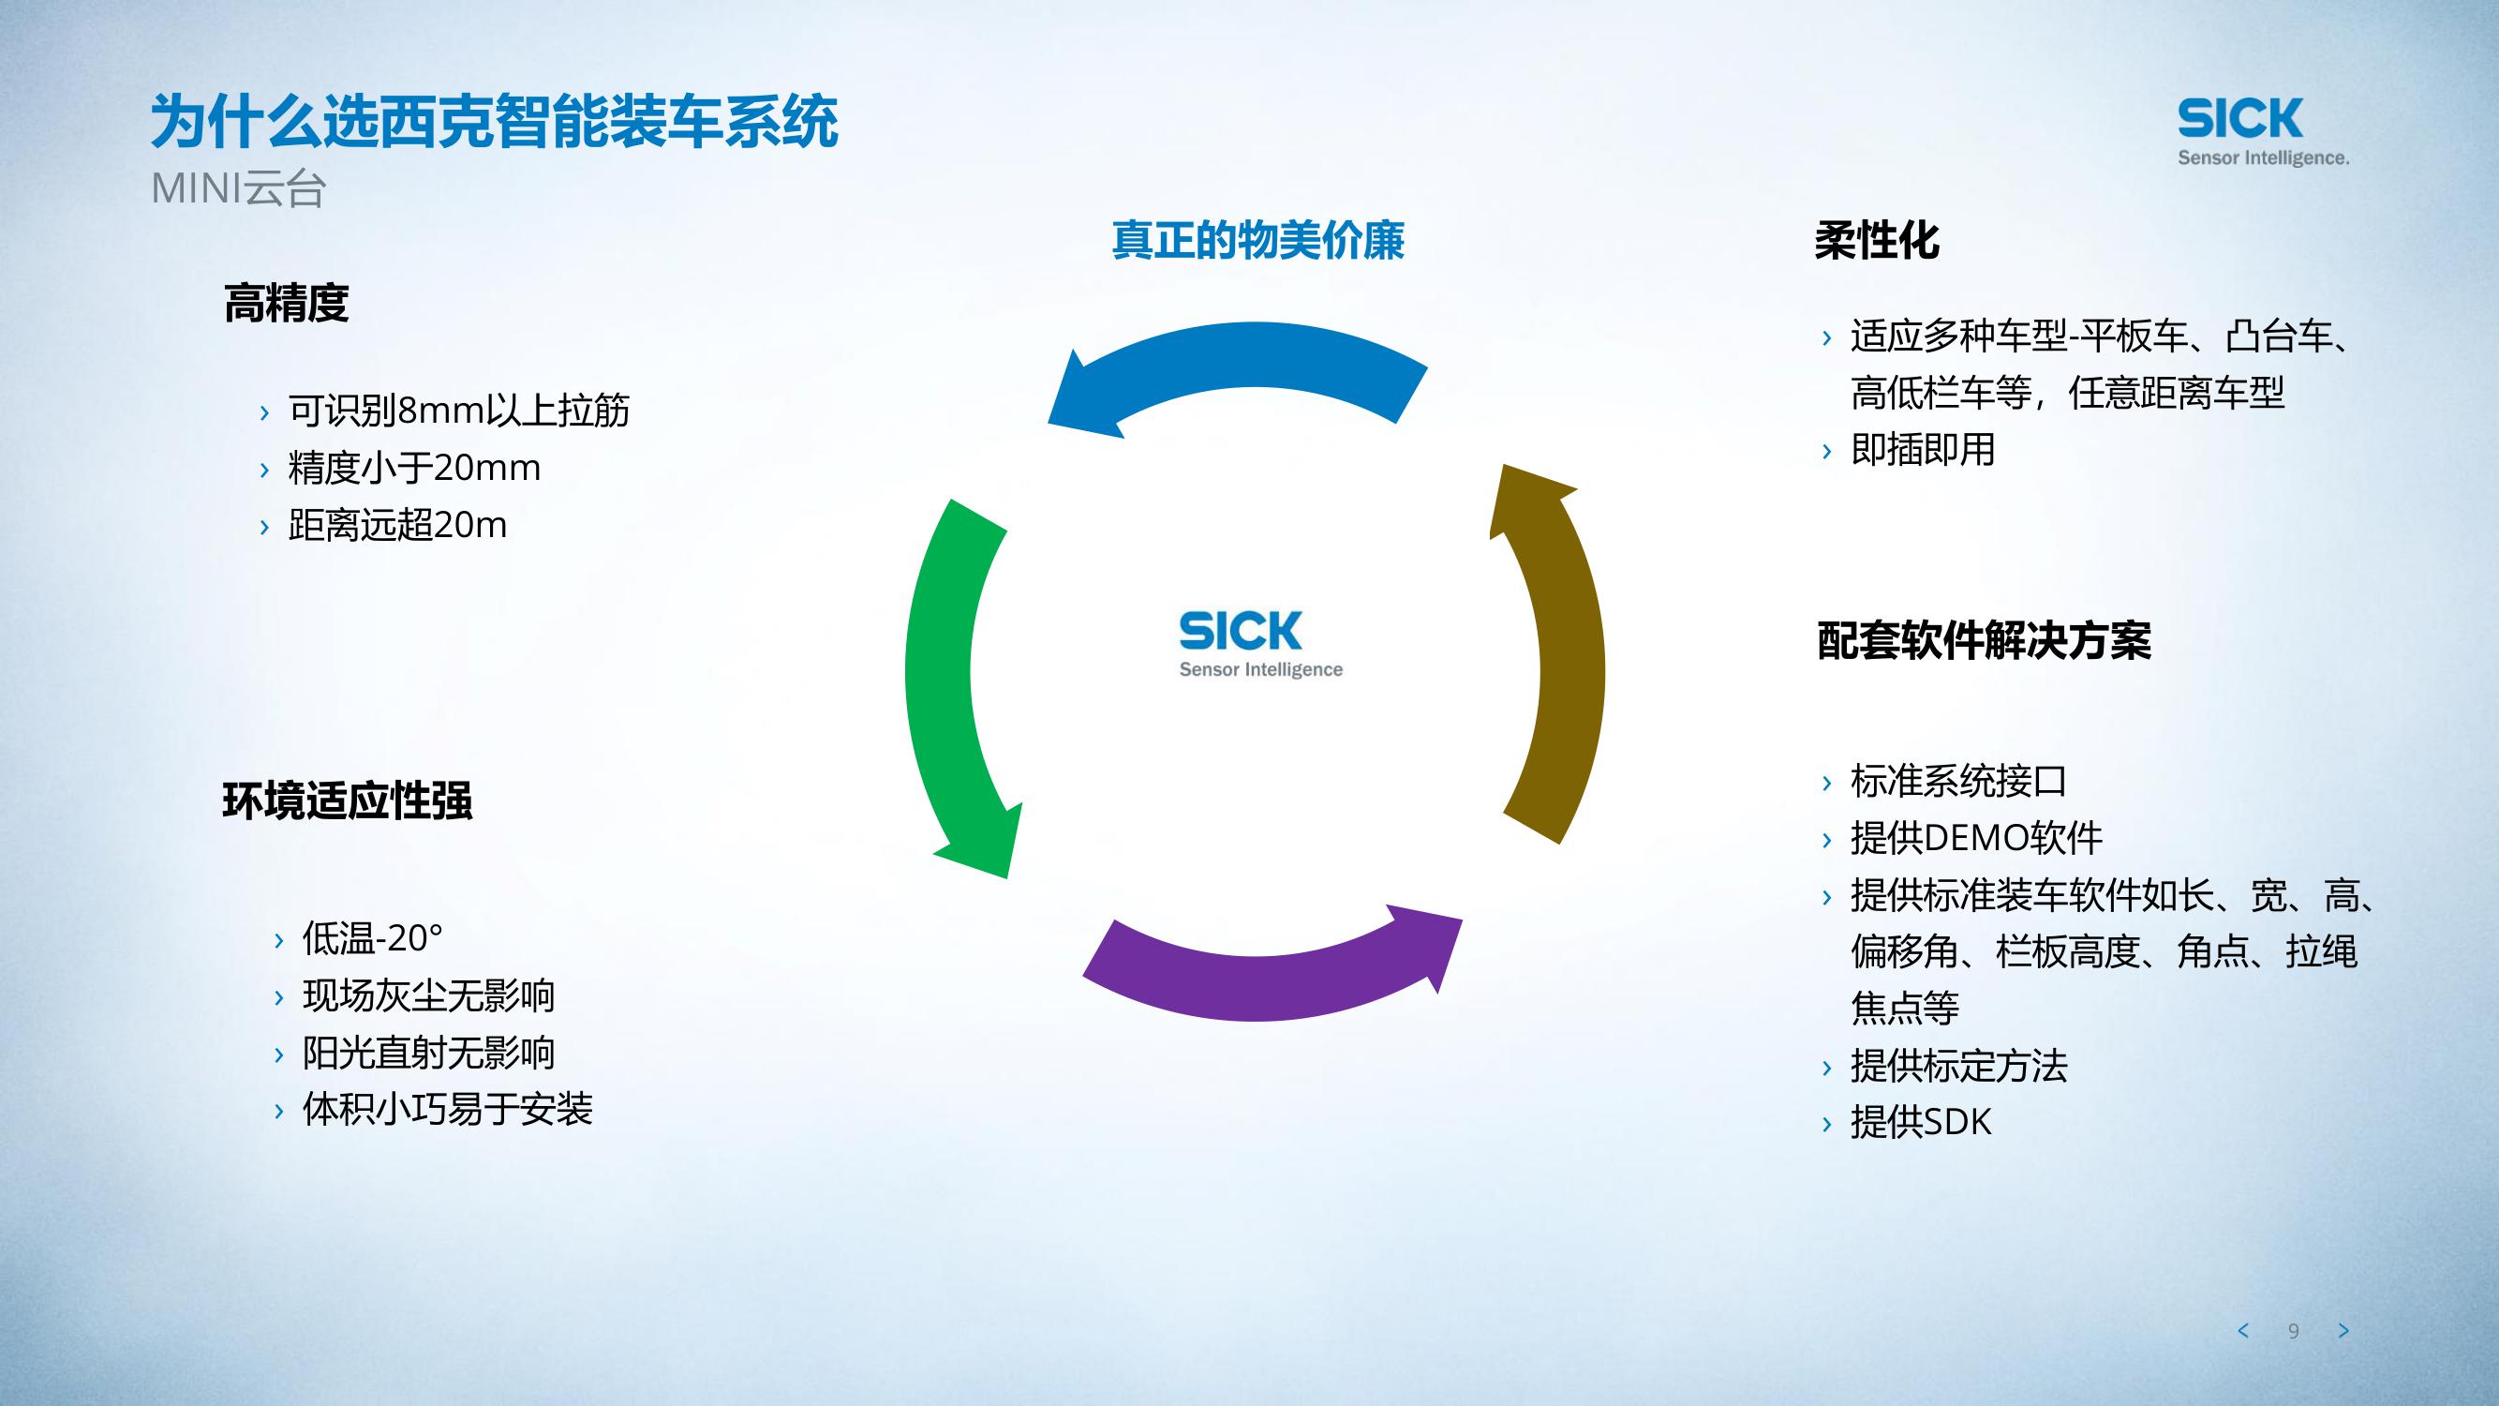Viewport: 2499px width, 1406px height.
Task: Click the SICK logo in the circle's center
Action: coord(1259,642)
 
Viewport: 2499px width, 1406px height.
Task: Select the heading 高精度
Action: coord(286,303)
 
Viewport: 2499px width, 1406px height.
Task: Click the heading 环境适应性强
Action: coord(348,800)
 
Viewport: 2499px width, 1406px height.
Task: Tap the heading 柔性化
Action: coord(1876,241)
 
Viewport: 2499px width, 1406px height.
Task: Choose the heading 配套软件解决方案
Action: coord(1984,640)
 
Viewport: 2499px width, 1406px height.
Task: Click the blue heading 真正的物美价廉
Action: coord(1257,241)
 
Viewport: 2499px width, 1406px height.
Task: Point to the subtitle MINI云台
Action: coord(238,189)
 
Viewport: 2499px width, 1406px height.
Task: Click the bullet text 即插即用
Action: coord(1922,449)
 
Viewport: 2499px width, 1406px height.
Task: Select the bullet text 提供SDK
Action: coord(1920,1123)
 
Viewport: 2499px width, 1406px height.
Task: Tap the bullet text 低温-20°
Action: coord(373,938)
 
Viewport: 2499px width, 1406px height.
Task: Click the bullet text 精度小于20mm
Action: coord(414,468)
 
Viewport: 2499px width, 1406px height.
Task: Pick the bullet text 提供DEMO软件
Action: coord(1976,838)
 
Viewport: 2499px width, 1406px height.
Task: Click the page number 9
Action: coord(2294,1331)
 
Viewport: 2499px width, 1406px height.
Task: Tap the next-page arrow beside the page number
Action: coord(2343,1330)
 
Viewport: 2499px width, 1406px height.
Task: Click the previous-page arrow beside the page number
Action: coord(2243,1330)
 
